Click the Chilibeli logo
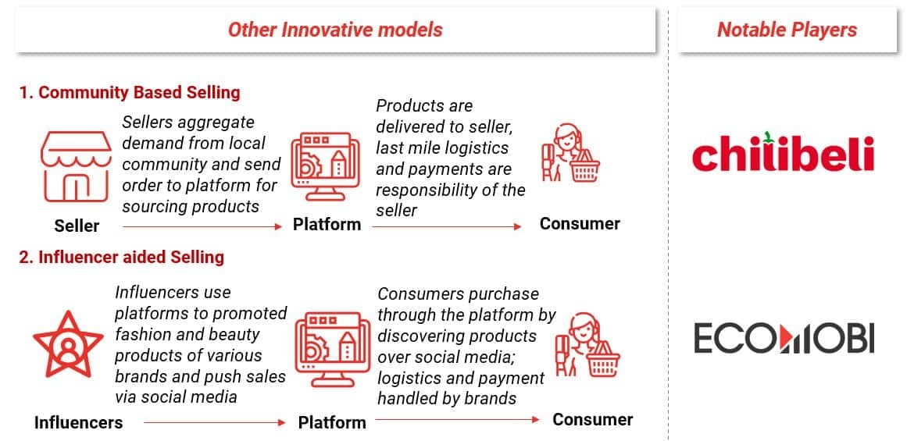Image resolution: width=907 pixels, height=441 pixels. click(784, 153)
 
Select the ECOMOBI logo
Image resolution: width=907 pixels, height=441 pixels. click(784, 338)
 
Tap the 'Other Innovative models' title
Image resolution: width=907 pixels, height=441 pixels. click(335, 30)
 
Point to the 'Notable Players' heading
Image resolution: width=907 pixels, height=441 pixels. click(787, 30)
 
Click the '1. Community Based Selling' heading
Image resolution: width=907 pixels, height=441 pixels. click(130, 92)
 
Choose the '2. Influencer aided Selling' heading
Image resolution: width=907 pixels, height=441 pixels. click(121, 258)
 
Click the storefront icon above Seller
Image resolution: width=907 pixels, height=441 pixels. click(75, 166)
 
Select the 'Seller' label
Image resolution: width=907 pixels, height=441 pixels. click(77, 226)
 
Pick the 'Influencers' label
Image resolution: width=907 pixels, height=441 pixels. click(79, 422)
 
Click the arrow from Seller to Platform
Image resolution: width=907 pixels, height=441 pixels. click(202, 227)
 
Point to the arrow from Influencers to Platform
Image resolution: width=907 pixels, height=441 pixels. click(215, 423)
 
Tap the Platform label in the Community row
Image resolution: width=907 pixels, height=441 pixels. click(327, 224)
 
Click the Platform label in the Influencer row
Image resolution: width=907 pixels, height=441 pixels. click(332, 422)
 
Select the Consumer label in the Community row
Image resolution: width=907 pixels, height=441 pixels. click(580, 224)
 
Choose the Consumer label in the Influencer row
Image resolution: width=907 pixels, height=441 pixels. click(593, 419)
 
